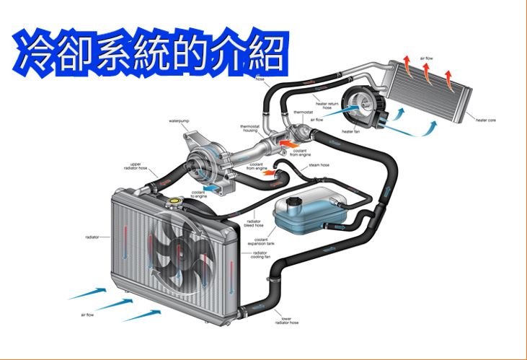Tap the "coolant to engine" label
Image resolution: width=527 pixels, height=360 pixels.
pos(198,193)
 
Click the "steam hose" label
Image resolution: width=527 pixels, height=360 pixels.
pos(319,165)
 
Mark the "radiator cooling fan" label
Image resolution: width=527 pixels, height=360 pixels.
pos(260,255)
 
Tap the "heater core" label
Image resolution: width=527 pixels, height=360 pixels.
pos(486,120)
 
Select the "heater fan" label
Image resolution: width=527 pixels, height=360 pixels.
pos(351,131)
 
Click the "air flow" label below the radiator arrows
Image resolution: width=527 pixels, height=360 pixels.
pos(89,315)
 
